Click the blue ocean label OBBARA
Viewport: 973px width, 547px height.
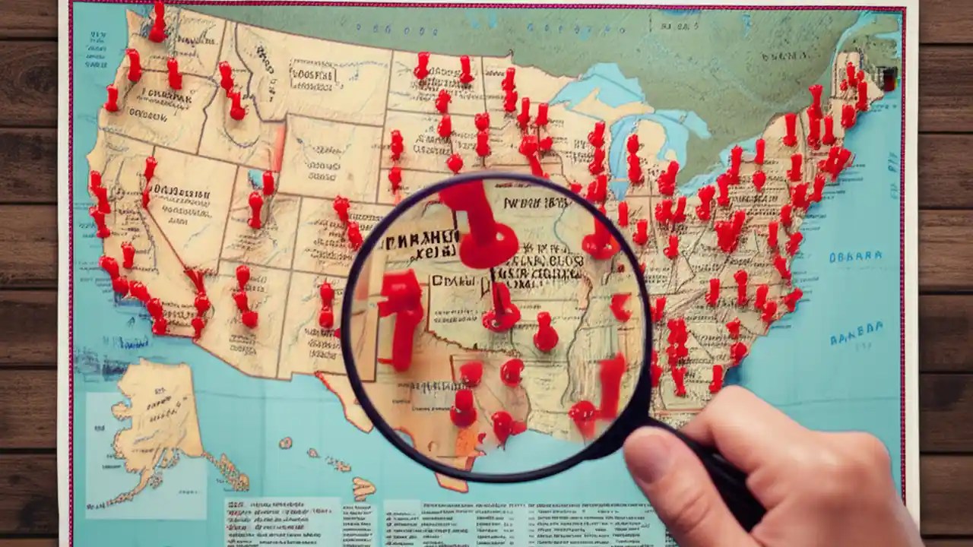pos(856,257)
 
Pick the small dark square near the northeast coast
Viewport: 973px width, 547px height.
pos(886,77)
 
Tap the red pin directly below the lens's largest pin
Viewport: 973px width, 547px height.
pos(502,311)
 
